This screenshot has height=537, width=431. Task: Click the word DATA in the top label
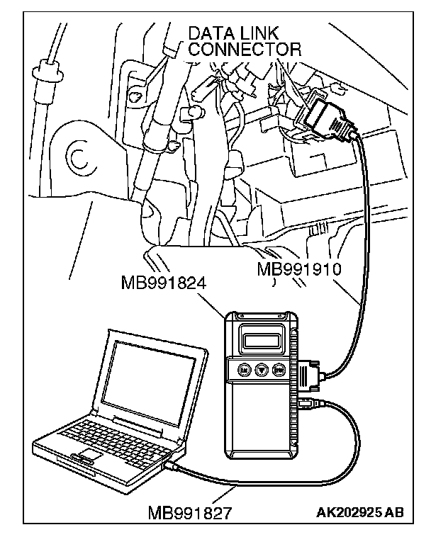[x=210, y=34]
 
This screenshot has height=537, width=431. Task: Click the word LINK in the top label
[x=259, y=34]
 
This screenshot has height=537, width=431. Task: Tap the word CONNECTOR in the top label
[x=245, y=50]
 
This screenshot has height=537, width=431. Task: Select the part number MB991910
[x=299, y=269]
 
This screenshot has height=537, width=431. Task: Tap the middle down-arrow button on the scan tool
[x=261, y=369]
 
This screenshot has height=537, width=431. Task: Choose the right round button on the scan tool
[x=279, y=369]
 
